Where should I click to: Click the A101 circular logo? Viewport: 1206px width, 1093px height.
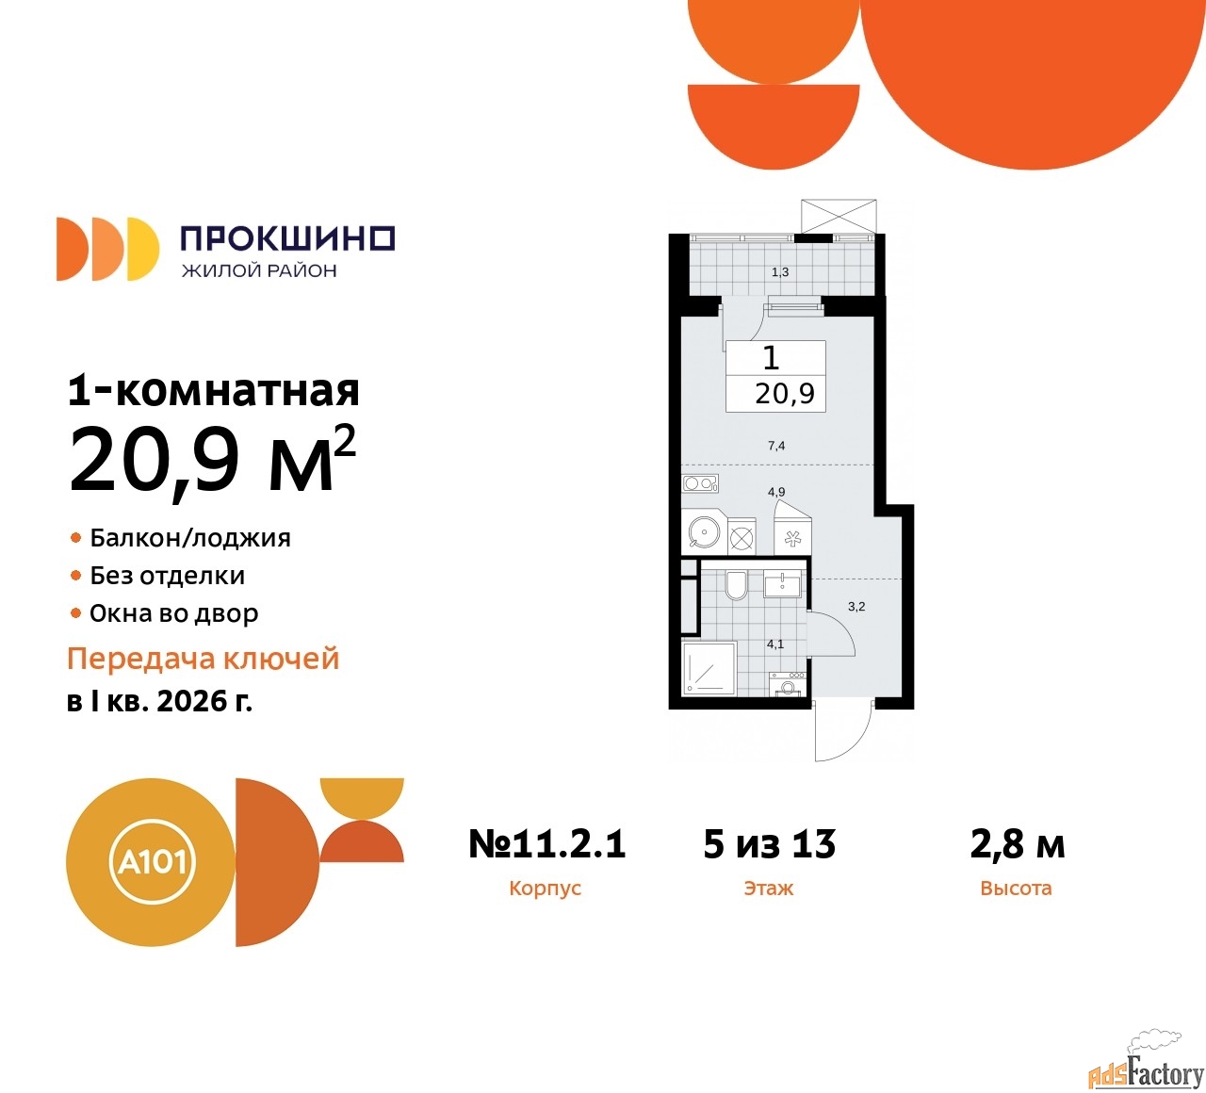click(152, 863)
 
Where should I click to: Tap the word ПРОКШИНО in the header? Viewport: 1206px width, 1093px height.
click(288, 238)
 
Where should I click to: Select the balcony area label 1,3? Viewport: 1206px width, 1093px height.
click(780, 272)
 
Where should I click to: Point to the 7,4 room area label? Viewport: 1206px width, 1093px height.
click(776, 446)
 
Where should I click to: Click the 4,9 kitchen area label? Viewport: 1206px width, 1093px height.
click(776, 492)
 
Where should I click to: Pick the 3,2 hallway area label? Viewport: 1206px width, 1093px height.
click(856, 607)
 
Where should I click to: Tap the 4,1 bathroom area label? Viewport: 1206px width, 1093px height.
click(774, 644)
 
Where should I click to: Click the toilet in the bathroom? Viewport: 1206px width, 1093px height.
click(736, 585)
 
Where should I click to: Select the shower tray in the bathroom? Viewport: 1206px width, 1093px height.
click(710, 668)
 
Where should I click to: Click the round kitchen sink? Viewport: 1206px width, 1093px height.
click(704, 532)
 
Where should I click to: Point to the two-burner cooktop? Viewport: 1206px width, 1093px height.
click(700, 483)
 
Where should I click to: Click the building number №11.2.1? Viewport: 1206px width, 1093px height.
click(547, 843)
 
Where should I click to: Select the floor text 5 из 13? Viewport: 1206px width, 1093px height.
click(770, 843)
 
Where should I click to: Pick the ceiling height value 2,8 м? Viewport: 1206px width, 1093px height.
click(1018, 843)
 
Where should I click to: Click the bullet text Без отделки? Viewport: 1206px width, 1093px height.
click(167, 576)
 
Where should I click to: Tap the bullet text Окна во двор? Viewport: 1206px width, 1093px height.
click(173, 613)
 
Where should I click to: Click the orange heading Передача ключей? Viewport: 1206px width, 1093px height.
click(204, 659)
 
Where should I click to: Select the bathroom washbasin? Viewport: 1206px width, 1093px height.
click(782, 585)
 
